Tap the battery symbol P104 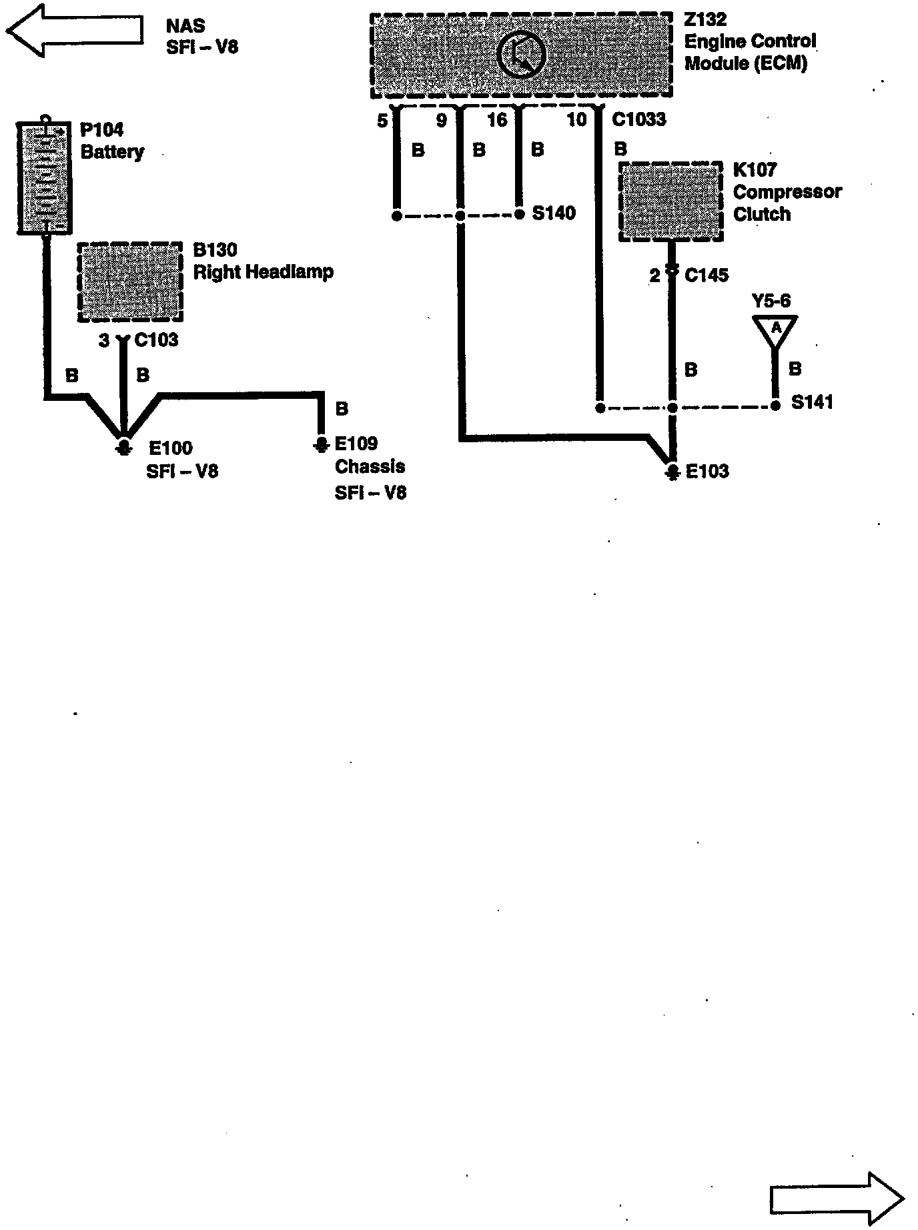click(44, 177)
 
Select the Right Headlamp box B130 click(130, 281)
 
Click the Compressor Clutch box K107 click(671, 201)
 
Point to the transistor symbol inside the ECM click(522, 55)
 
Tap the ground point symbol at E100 click(123, 446)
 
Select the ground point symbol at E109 click(322, 444)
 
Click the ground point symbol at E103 click(672, 472)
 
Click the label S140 click(554, 213)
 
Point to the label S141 click(812, 402)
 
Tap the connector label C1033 click(638, 119)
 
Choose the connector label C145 click(707, 275)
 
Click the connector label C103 click(156, 340)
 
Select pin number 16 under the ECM click(497, 120)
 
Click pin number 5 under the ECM click(382, 121)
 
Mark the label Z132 click(705, 19)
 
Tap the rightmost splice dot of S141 click(775, 406)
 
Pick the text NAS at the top click(185, 26)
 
